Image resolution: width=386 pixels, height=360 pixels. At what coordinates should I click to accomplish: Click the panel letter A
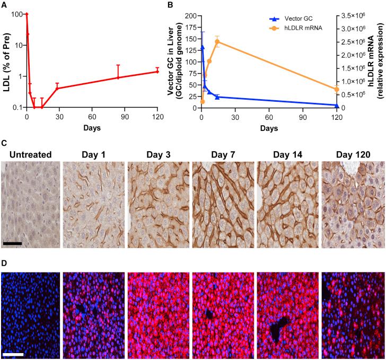point(4,5)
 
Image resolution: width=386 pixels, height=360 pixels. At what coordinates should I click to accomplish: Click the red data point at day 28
point(57,88)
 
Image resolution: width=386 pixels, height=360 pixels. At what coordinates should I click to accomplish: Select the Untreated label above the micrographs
point(30,154)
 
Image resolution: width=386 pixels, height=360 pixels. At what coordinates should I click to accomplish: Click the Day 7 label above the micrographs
point(223,154)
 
